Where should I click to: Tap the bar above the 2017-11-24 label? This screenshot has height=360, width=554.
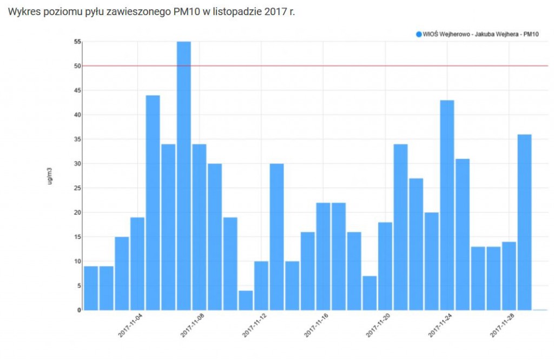(447, 205)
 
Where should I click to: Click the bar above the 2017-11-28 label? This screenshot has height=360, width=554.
(509, 276)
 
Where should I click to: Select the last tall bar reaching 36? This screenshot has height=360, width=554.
(524, 222)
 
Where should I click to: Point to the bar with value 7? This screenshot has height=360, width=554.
(370, 292)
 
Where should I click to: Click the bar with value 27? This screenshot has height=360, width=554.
(416, 244)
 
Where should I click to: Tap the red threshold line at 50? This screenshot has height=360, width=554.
(325, 66)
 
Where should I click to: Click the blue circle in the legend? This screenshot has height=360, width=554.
(419, 34)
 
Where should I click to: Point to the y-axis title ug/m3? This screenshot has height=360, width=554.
(50, 176)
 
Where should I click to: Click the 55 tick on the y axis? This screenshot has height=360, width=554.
(77, 42)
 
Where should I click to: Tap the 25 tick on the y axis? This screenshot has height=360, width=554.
(77, 188)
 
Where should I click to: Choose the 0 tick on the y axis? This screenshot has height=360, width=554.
(79, 310)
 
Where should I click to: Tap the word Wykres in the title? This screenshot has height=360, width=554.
(22, 12)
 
